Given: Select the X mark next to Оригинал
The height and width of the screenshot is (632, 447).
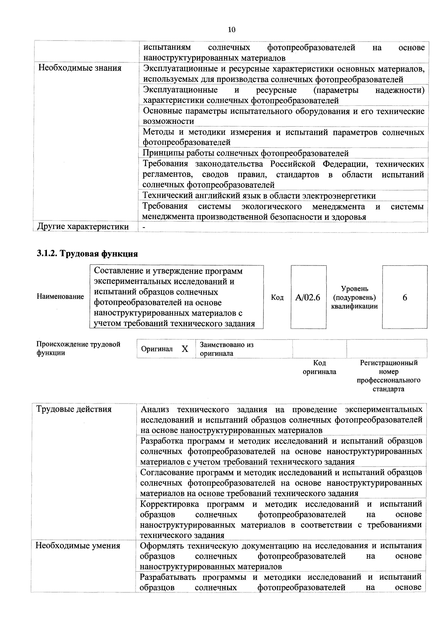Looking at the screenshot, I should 185,349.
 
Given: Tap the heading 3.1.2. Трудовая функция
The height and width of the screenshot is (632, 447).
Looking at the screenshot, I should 87,253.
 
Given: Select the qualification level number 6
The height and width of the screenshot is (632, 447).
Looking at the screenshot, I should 405,298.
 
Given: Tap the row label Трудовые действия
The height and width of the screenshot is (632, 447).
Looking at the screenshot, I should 74,409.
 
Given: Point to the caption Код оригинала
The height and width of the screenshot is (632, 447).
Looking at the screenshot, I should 320,367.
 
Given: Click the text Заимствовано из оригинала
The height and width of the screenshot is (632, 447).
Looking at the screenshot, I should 226,349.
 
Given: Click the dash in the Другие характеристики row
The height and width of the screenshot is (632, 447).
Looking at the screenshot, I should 143,227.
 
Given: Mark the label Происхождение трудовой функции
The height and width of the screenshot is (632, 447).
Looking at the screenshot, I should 78,348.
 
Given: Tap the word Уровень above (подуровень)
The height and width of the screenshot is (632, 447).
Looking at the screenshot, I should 355,289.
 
